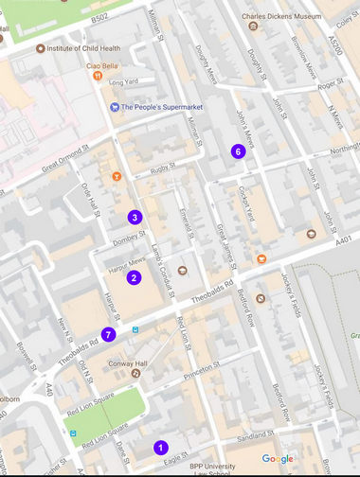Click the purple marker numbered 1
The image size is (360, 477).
coord(160,448)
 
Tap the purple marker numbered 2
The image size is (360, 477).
coord(135,277)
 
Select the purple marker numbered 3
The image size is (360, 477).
coord(135,218)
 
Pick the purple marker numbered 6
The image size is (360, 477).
coord(238,150)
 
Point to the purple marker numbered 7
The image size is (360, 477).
coord(110,334)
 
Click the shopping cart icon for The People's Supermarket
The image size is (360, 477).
coord(115,107)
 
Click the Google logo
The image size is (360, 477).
coord(278,459)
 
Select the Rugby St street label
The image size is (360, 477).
coord(162,170)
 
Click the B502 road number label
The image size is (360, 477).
coord(100,17)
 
